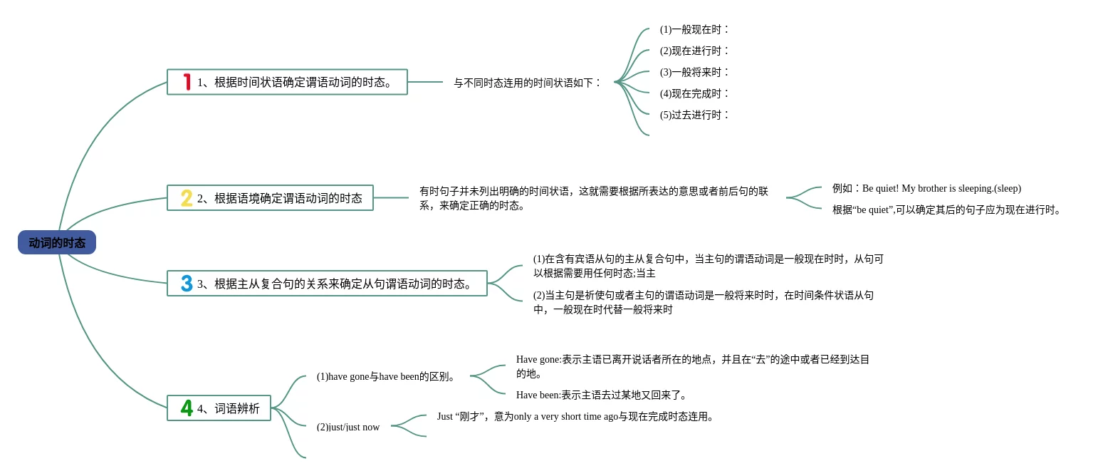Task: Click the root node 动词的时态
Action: click(57, 243)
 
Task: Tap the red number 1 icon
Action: click(187, 82)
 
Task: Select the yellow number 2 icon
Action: click(187, 198)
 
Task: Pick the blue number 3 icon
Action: click(187, 284)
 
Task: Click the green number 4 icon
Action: click(187, 408)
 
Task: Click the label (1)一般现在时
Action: click(694, 29)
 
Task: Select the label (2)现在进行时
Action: click(694, 51)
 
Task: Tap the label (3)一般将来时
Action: click(694, 72)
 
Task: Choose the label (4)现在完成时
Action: click(694, 93)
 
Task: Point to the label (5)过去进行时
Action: click(694, 115)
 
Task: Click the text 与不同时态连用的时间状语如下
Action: click(528, 83)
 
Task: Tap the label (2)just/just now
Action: click(348, 427)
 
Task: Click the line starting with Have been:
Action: click(602, 395)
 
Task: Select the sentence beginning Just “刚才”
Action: click(575, 416)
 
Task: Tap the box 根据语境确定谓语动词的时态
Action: click(279, 198)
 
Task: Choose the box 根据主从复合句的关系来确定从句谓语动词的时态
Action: click(335, 284)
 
